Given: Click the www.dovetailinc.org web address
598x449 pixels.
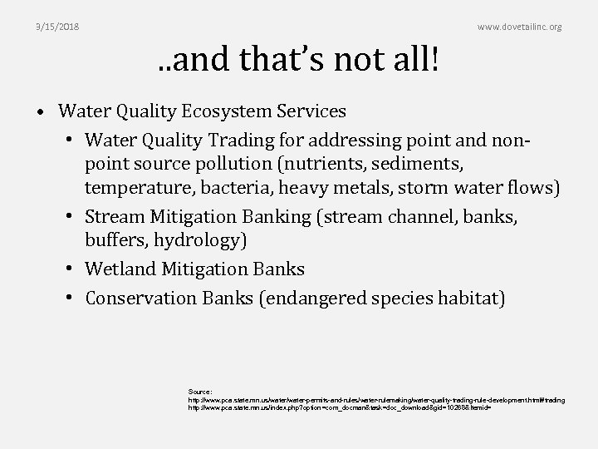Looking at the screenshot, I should coord(519,27).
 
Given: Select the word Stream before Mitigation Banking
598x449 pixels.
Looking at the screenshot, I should coord(115,219).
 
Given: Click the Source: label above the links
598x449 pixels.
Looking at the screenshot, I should coord(200,390).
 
